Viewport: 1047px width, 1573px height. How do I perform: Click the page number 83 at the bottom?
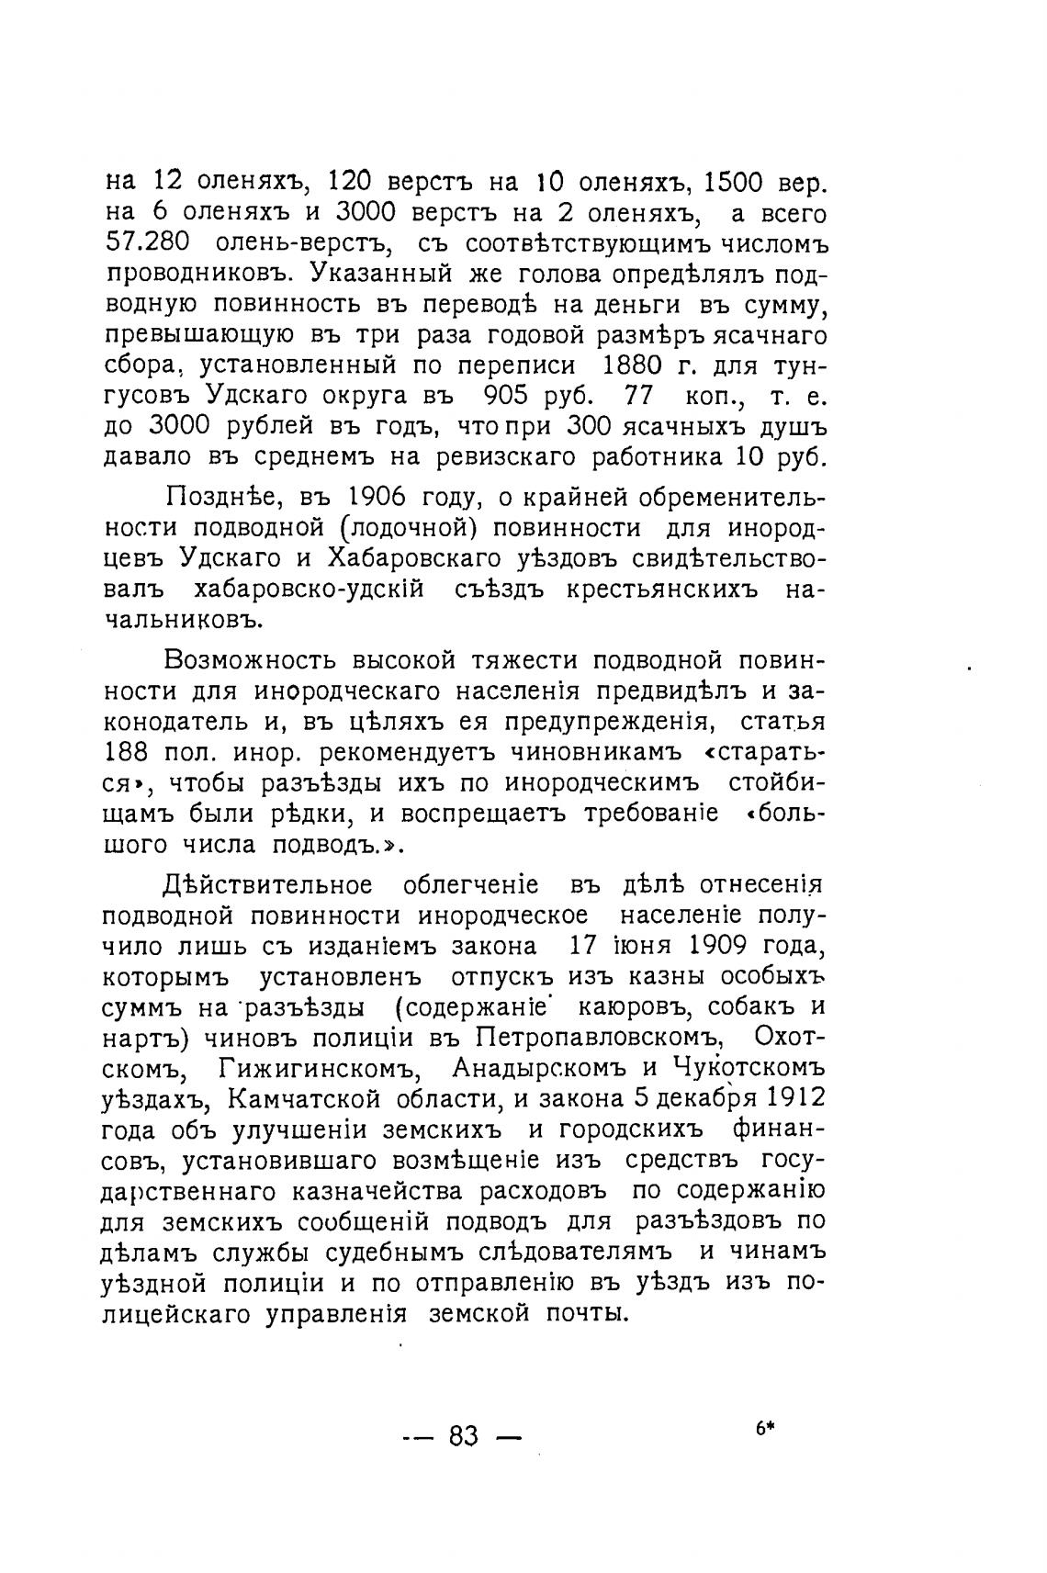pyautogui.click(x=464, y=1435)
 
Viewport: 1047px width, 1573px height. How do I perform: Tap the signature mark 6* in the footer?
pyautogui.click(x=765, y=1429)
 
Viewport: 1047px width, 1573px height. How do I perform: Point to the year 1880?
pyautogui.click(x=634, y=365)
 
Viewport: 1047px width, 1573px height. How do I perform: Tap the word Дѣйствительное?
pyautogui.click(x=266, y=885)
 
